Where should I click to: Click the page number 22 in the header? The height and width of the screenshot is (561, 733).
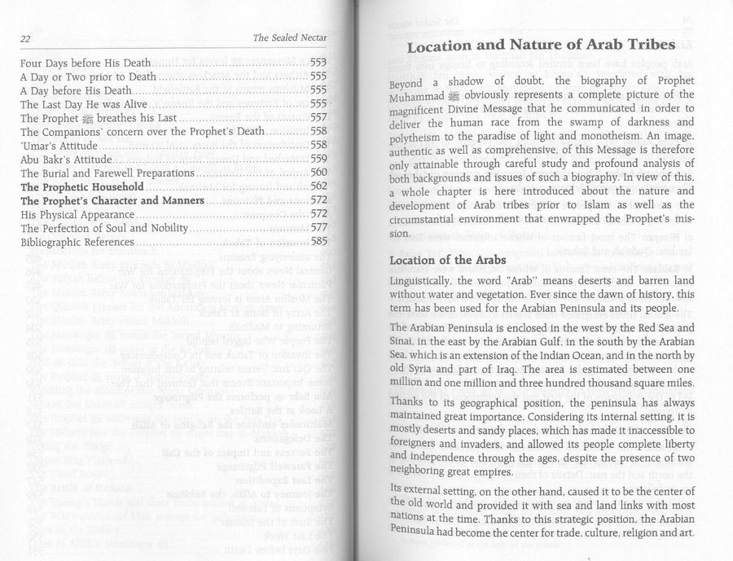(26, 38)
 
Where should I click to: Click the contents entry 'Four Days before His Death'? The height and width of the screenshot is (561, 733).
(86, 63)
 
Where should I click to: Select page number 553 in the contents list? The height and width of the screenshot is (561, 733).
(318, 63)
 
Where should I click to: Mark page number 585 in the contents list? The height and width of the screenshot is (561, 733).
(318, 242)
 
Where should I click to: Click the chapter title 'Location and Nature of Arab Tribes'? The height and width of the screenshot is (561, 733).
(541, 46)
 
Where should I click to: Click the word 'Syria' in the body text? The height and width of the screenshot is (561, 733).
(428, 379)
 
